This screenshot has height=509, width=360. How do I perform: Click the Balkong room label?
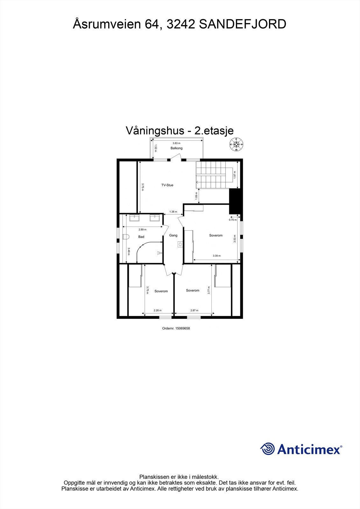[176, 148]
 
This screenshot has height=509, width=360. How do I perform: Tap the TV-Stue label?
[167, 185]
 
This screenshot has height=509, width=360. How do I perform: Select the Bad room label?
[141, 237]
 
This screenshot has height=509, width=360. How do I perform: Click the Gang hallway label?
[173, 235]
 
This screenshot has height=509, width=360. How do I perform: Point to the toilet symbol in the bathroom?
[125, 237]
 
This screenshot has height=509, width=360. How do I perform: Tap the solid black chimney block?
[236, 201]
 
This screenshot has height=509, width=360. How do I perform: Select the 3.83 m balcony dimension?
[176, 143]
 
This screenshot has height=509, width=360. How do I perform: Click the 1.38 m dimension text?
[173, 212]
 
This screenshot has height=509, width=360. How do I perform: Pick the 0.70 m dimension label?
[233, 220]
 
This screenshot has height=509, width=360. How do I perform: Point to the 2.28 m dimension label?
[158, 310]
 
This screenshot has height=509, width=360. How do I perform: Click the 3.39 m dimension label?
[216, 256]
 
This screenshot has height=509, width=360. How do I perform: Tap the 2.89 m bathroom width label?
[142, 229]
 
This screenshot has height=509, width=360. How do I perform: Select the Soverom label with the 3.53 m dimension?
[216, 235]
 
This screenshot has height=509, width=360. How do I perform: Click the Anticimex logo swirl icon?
[267, 449]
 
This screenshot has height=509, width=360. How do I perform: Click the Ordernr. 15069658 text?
[176, 329]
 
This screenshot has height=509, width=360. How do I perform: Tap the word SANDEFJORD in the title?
[243, 24]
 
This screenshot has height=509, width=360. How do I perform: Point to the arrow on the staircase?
[198, 183]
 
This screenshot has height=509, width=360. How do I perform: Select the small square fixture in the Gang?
[180, 244]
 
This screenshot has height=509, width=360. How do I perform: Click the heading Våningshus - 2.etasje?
[180, 131]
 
